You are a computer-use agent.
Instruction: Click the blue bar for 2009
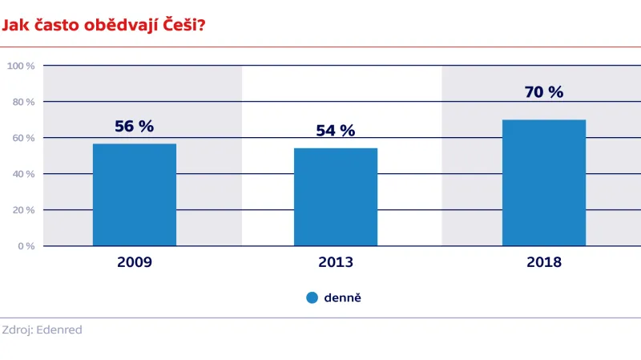(135, 195)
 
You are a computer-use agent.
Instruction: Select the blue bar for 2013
(336, 196)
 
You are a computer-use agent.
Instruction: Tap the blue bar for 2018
(544, 183)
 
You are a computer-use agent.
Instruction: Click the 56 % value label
(135, 126)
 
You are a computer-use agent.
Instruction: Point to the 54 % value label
(336, 131)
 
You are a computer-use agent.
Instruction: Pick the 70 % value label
(544, 92)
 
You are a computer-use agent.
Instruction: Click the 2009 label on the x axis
(135, 262)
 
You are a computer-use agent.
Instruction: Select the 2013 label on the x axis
(336, 262)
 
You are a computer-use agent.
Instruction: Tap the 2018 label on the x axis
(544, 262)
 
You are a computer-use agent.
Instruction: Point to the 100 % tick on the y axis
(21, 66)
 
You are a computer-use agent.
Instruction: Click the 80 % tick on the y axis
(22, 102)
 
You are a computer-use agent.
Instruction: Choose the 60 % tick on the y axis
(22, 138)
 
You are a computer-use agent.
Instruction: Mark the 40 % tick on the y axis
(22, 174)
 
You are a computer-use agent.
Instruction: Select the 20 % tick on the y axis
(22, 210)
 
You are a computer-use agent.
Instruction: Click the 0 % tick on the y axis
(26, 246)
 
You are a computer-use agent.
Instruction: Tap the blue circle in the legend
(312, 297)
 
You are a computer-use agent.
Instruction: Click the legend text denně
(343, 297)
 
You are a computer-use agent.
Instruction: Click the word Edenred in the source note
(60, 330)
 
